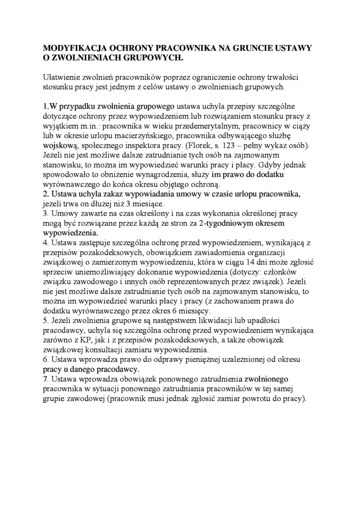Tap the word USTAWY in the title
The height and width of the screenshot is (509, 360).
(293, 48)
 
